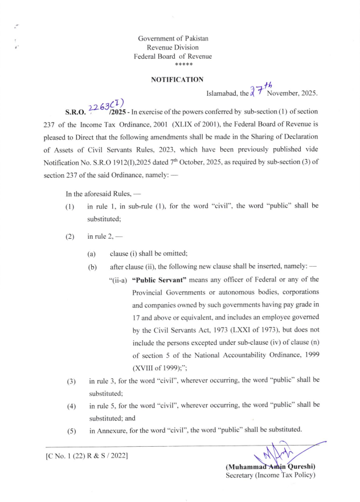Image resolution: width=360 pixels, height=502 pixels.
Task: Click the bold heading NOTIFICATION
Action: click(173, 80)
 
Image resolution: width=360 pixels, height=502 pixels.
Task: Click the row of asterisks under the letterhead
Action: click(173, 66)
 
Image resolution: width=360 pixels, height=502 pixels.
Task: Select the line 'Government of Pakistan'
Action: click(173, 38)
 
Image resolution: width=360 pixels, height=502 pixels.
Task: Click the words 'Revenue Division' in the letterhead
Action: click(173, 47)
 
